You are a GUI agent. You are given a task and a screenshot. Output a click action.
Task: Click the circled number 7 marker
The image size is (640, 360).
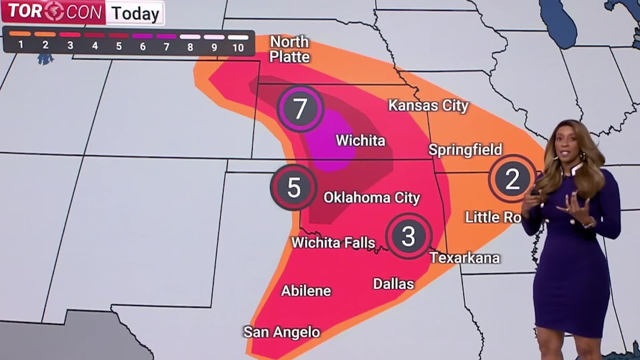click(300, 108)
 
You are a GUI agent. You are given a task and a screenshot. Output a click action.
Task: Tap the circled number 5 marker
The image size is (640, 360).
click(294, 187)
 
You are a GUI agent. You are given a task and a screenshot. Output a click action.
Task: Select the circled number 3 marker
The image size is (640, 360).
click(409, 236)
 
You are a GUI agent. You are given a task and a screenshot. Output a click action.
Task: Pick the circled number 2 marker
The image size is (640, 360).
click(512, 179)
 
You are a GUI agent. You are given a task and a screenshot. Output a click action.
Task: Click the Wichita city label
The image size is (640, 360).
click(360, 140)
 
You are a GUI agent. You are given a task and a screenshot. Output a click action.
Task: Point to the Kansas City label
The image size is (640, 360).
click(428, 106)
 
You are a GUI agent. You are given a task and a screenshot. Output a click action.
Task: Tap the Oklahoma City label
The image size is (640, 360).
click(371, 198)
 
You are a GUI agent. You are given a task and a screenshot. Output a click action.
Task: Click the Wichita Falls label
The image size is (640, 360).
click(333, 242)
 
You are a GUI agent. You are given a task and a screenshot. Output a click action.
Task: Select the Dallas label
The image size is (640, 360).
click(393, 284)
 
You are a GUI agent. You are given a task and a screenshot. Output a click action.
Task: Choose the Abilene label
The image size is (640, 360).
click(306, 291)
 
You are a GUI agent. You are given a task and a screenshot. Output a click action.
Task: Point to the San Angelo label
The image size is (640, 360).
click(282, 332)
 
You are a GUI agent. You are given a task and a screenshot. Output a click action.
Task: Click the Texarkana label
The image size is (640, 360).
click(465, 258)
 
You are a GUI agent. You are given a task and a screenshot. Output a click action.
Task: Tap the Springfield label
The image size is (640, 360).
click(465, 150)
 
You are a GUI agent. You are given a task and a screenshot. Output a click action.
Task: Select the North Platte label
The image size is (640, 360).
click(289, 49)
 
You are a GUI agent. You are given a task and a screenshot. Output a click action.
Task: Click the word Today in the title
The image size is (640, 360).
click(135, 13)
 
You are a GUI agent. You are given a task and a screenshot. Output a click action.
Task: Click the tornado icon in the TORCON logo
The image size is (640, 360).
click(54, 12)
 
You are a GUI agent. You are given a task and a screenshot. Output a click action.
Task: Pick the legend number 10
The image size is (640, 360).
click(238, 48)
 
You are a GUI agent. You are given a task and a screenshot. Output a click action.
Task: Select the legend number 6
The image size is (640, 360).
click(143, 47)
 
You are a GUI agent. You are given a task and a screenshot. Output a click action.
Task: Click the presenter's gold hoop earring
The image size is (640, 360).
click(582, 156)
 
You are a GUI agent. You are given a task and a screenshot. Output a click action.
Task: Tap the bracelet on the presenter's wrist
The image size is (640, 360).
click(589, 223)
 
